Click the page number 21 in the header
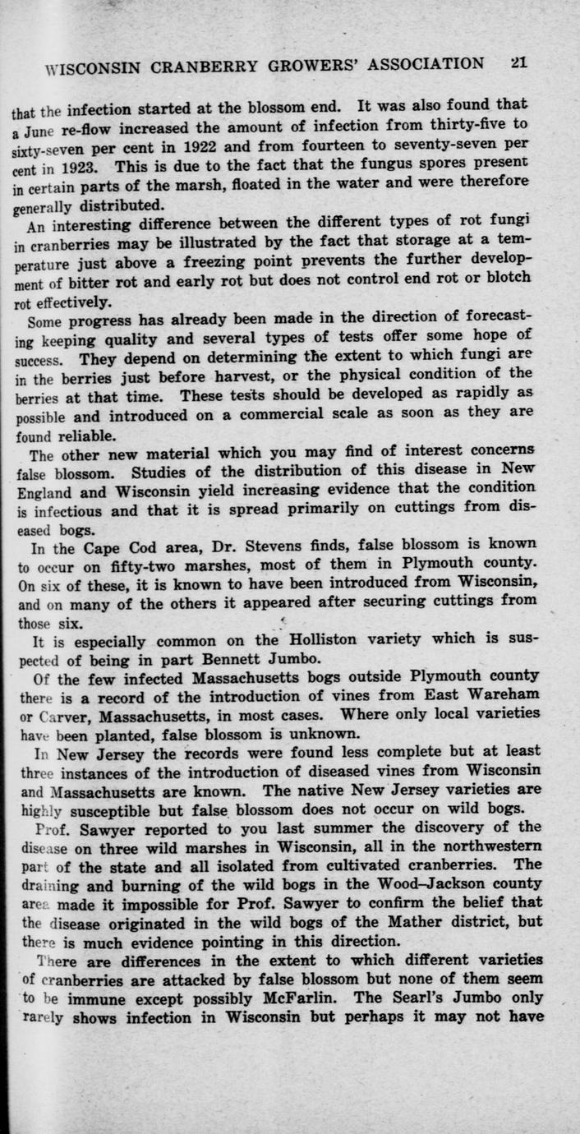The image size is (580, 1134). (518, 63)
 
